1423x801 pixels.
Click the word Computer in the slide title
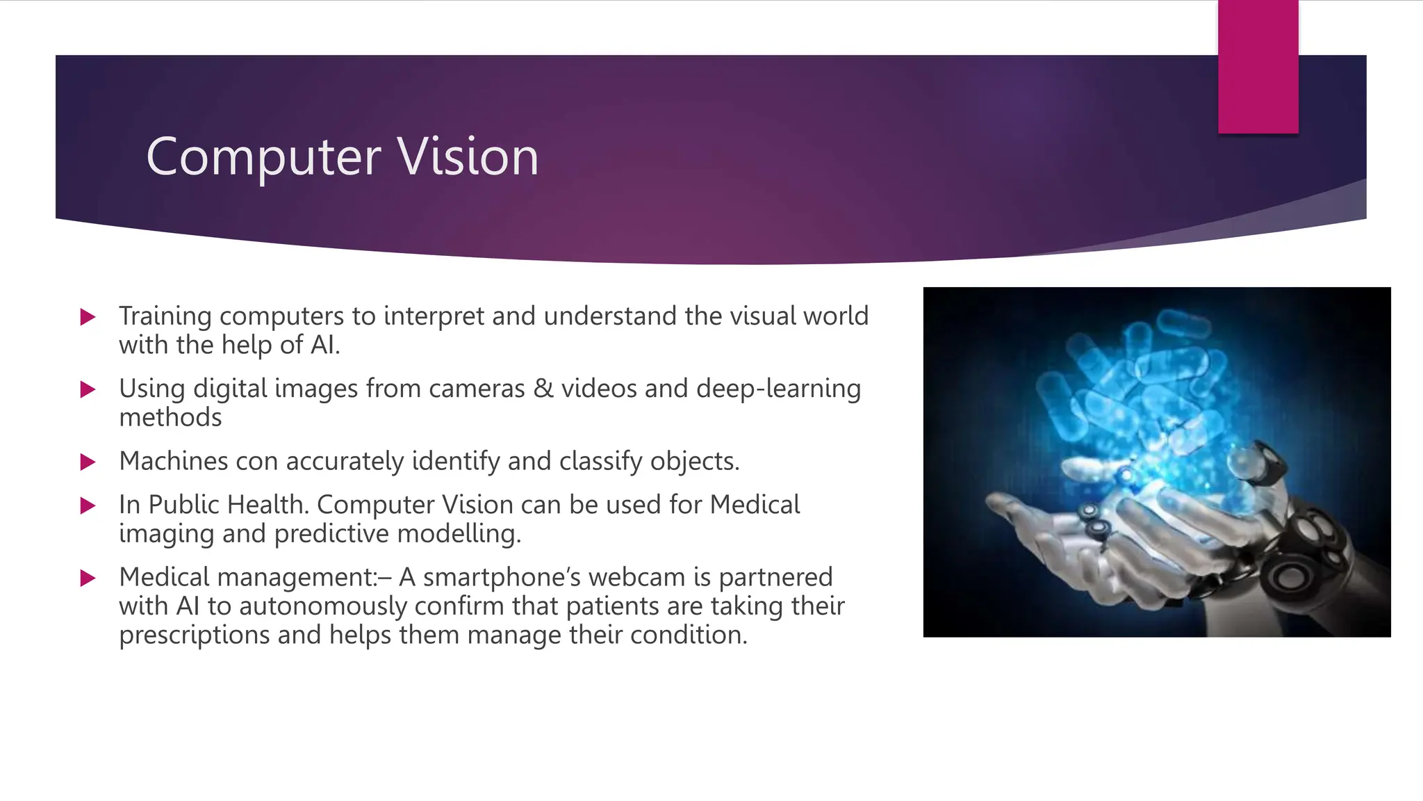click(263, 157)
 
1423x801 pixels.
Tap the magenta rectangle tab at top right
click(1258, 67)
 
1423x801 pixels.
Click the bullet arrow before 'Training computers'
click(88, 317)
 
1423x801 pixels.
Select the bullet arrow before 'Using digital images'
click(88, 389)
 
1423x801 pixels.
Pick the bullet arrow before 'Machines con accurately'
click(88, 462)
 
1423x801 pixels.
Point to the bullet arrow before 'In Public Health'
click(88, 505)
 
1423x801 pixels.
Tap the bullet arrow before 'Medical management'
click(88, 578)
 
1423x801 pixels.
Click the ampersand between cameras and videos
click(543, 389)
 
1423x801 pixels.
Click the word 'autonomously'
click(323, 606)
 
